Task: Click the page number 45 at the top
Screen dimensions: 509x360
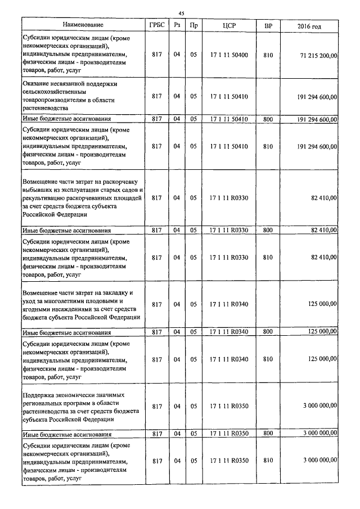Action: coord(181,13)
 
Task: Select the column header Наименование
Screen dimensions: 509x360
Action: coord(83,26)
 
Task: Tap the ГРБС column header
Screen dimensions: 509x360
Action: coord(157,26)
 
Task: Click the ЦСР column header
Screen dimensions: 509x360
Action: coord(228,26)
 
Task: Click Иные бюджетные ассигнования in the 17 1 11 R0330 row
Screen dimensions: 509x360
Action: coord(66,231)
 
